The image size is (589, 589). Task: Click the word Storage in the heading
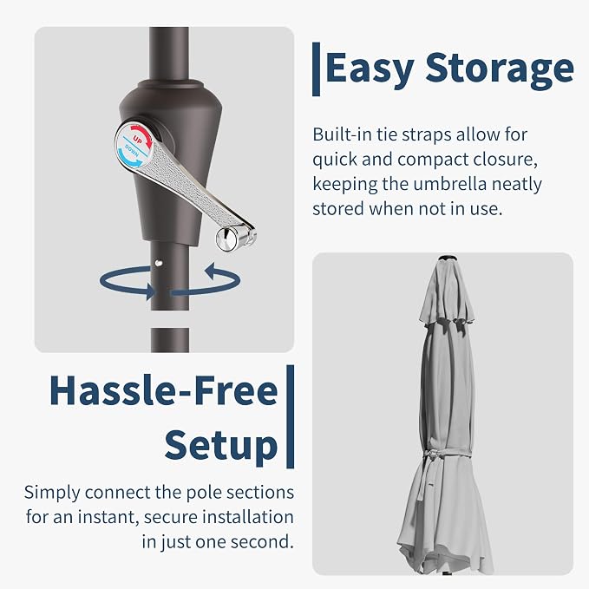tap(500, 68)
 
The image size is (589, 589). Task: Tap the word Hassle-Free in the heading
tap(164, 390)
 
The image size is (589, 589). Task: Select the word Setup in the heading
tap(221, 446)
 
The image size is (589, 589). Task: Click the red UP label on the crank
tap(137, 141)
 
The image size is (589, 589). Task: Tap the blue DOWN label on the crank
tap(132, 151)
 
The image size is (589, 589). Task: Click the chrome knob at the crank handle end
tap(226, 239)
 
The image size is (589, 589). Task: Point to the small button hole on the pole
tap(159, 263)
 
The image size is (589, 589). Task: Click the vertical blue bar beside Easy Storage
tap(317, 69)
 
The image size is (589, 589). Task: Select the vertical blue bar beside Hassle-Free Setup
tap(290, 416)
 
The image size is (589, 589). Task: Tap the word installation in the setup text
tap(248, 517)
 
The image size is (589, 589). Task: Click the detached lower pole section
tap(170, 340)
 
